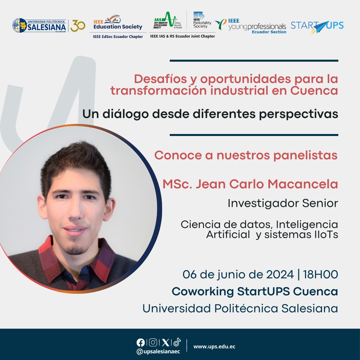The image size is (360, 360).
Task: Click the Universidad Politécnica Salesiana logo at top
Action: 39,25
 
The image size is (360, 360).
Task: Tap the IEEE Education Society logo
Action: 118,23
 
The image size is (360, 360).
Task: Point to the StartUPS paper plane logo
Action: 317,27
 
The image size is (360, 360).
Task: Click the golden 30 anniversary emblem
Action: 78,26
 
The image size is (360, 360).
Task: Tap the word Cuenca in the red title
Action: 314,90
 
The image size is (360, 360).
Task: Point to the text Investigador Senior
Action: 283,203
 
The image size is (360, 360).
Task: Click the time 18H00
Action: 321,275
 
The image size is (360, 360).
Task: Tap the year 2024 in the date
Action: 280,275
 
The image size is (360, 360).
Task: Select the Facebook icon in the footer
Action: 141,343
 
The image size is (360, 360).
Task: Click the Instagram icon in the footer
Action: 153,343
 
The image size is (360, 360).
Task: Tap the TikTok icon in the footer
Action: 177,342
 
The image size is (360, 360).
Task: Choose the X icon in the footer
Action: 166,343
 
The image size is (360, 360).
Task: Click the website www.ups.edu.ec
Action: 214,347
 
